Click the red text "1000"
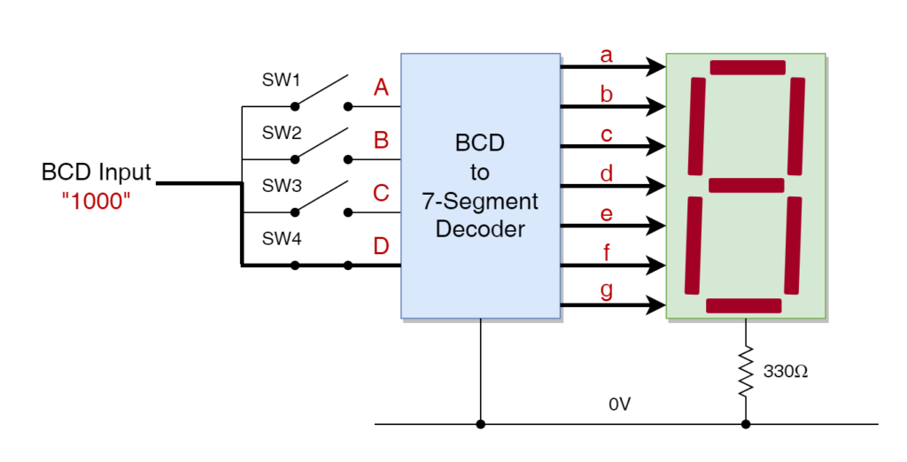click(x=97, y=201)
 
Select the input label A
click(x=382, y=88)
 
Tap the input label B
click(x=382, y=140)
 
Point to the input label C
click(x=382, y=193)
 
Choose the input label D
click(x=382, y=246)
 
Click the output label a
click(x=607, y=56)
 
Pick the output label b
click(x=607, y=95)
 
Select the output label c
click(x=607, y=135)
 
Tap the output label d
click(x=607, y=173)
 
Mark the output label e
click(x=607, y=214)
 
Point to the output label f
click(x=607, y=253)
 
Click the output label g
click(x=607, y=291)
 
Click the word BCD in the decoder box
click(x=480, y=143)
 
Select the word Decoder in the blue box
click(x=480, y=229)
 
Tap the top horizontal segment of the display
click(x=748, y=67)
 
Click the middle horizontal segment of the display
click(x=747, y=185)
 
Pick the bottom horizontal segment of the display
click(x=744, y=305)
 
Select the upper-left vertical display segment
click(x=697, y=127)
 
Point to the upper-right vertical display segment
click(x=796, y=127)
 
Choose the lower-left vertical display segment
click(x=693, y=245)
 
